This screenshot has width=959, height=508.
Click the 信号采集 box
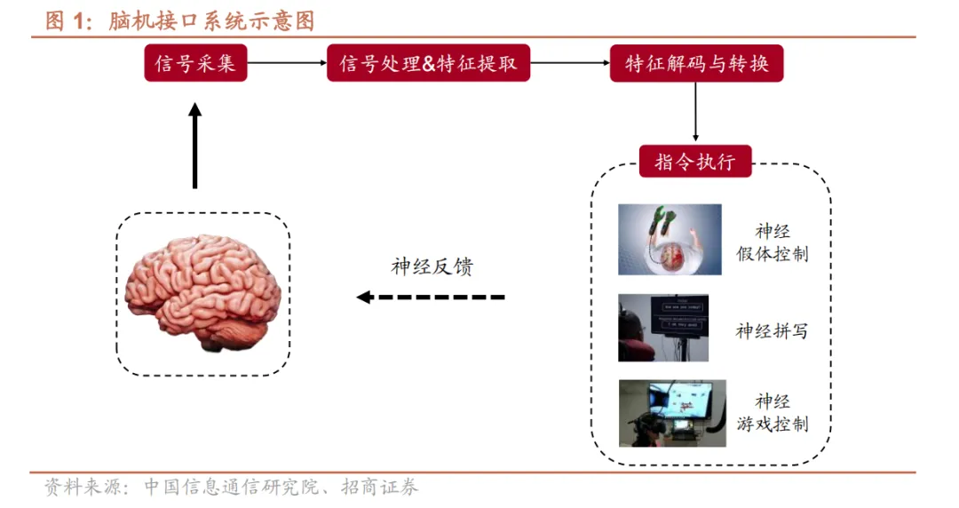(x=195, y=64)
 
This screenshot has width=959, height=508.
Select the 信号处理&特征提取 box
(x=428, y=64)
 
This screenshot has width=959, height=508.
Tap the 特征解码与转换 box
(x=696, y=64)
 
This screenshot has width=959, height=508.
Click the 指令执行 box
(x=695, y=162)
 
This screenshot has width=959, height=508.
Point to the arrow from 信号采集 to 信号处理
(x=286, y=64)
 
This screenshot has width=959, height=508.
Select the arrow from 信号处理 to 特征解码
(x=569, y=64)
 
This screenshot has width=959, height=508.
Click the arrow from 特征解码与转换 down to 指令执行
(x=695, y=112)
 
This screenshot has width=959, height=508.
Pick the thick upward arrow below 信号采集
(x=195, y=146)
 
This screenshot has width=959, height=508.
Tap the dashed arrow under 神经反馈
(x=431, y=297)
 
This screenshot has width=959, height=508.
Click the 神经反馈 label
(x=432, y=266)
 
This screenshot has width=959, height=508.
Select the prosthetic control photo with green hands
(x=670, y=239)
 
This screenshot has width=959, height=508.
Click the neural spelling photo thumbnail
(x=662, y=329)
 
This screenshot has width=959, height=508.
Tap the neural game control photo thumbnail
(x=672, y=413)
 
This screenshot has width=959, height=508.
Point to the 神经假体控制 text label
(x=773, y=242)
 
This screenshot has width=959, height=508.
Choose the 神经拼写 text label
(x=772, y=331)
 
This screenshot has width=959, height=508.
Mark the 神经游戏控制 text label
(x=773, y=412)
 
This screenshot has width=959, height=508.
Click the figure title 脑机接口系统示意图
(x=211, y=20)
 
